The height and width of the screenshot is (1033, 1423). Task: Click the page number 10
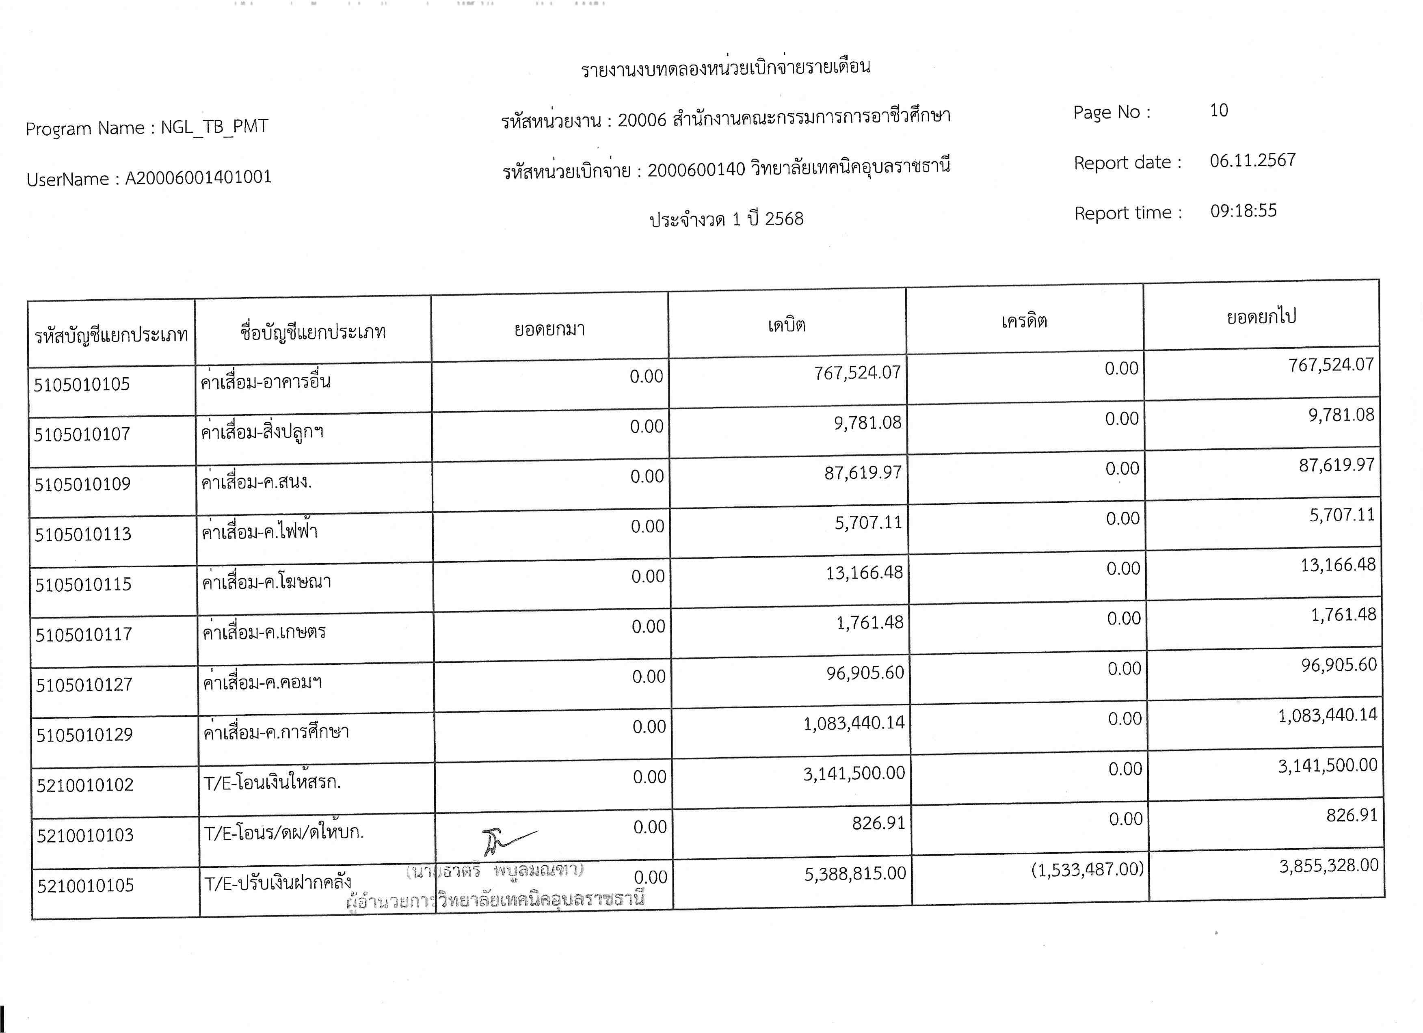pos(1218,110)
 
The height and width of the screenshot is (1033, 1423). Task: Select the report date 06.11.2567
pos(1252,160)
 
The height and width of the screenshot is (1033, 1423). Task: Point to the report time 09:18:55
pos(1243,211)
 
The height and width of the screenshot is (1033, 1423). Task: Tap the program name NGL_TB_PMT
pos(214,127)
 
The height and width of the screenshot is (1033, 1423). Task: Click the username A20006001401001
pos(198,177)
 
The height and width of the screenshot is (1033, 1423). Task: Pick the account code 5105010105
pos(82,384)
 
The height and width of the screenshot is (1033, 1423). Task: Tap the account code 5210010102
pos(85,784)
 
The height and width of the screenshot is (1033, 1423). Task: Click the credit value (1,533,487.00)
pos(1087,869)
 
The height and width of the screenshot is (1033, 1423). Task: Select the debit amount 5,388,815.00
pos(855,873)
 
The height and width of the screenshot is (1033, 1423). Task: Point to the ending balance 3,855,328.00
pos(1329,866)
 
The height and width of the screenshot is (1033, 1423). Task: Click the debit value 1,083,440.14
pos(854,723)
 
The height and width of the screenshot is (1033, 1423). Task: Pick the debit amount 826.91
pos(878,823)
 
